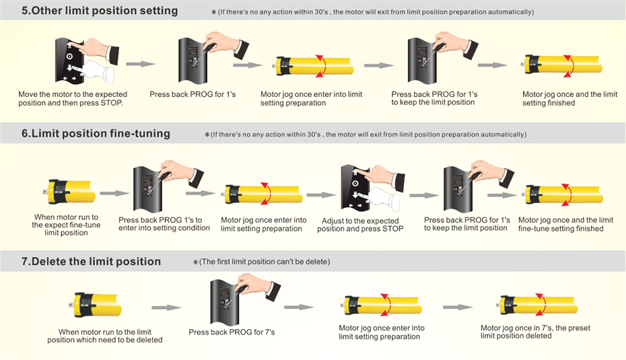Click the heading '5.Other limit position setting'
99,11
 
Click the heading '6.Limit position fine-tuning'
96,133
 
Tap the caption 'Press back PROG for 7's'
232,332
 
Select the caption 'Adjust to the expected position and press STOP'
360,225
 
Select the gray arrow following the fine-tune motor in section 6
113,193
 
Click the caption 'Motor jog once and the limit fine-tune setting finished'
565,224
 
